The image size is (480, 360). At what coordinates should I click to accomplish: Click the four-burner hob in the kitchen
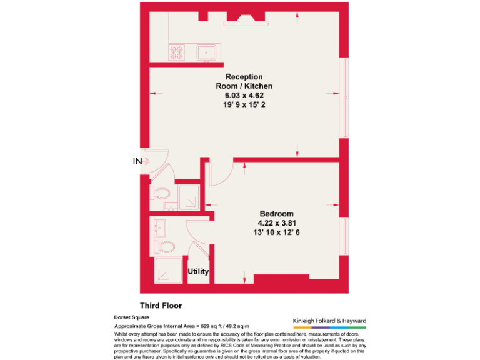[x=176, y=52]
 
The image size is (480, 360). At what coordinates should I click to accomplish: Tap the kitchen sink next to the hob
[x=207, y=52]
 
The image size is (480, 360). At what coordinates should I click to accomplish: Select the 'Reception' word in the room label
[x=244, y=77]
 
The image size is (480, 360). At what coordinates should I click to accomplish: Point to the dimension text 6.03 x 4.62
[x=244, y=95]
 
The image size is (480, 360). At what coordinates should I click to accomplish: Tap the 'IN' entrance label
[x=137, y=161]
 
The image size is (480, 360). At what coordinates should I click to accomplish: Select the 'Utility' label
[x=198, y=272]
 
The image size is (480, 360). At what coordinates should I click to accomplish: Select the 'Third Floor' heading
[x=161, y=306]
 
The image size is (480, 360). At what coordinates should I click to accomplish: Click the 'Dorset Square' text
[x=131, y=317]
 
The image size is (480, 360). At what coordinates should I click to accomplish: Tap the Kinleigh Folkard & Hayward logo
[x=330, y=322]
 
